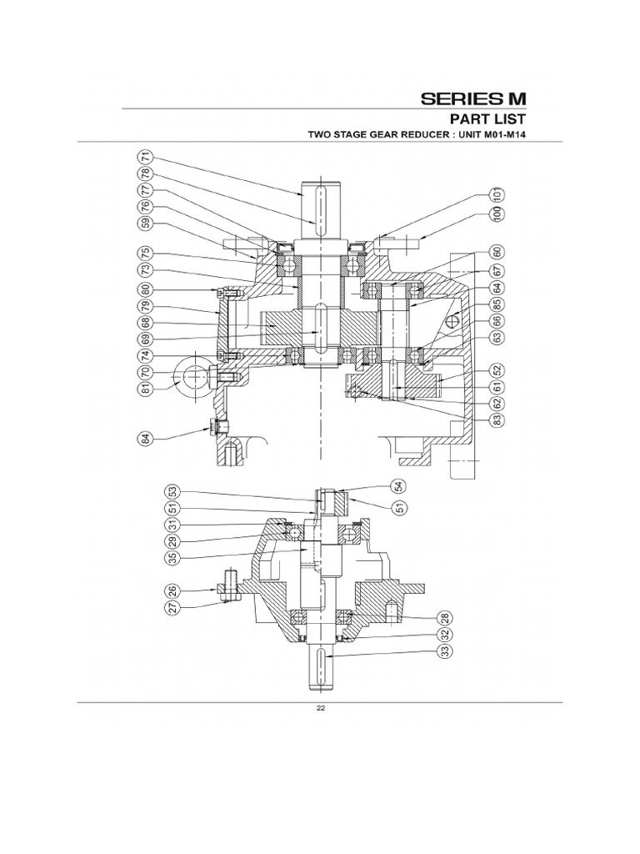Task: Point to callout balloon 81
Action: (x=146, y=388)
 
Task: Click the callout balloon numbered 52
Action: (x=497, y=370)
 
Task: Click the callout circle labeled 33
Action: (x=445, y=651)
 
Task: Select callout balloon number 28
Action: (x=445, y=617)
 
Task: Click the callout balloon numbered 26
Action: (x=172, y=591)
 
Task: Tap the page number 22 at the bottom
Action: (x=320, y=710)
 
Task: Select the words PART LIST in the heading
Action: (x=487, y=118)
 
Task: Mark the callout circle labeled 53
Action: (x=172, y=491)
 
